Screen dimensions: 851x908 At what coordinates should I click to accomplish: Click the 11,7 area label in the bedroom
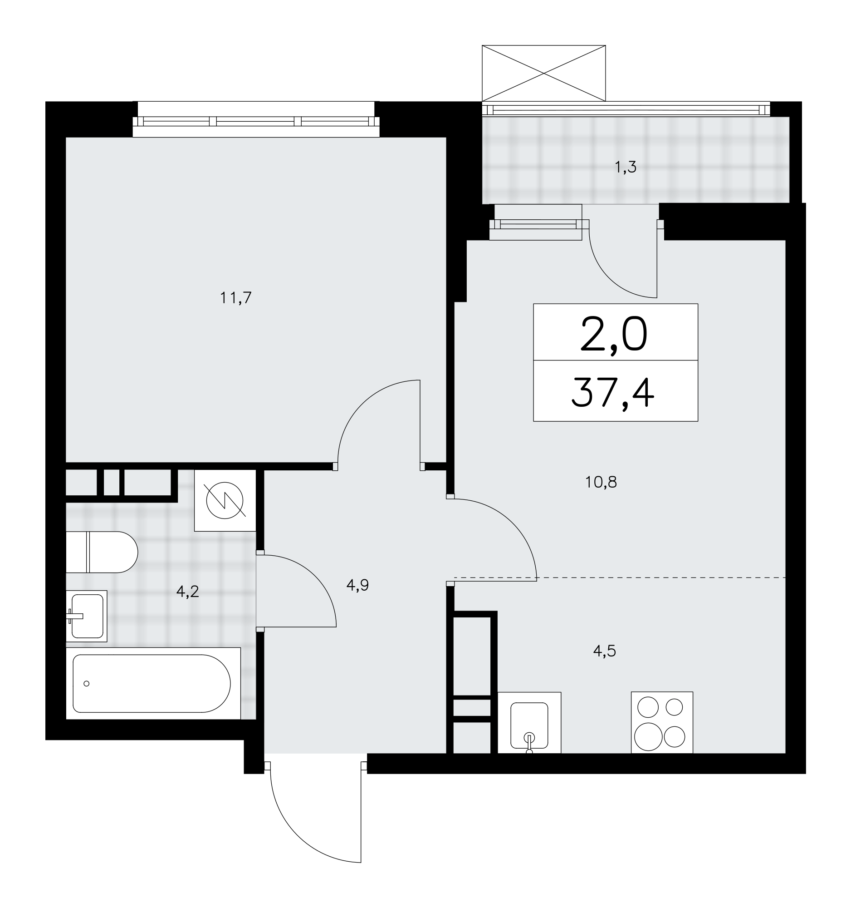(x=236, y=298)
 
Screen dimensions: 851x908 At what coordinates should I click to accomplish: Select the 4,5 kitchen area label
(x=604, y=651)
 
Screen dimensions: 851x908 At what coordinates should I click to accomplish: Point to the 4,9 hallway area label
(x=357, y=585)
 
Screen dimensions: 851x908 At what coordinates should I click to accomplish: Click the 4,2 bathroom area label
(x=187, y=592)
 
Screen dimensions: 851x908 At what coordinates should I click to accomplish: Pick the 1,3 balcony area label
(x=625, y=168)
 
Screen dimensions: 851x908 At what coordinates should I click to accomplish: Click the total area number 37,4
(x=613, y=393)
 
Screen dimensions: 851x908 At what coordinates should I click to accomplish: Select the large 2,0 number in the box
(x=613, y=334)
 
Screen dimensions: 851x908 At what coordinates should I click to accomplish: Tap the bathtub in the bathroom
(x=153, y=683)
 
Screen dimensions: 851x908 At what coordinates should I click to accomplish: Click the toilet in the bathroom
(x=101, y=552)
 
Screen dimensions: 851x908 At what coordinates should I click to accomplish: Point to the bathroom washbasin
(x=87, y=616)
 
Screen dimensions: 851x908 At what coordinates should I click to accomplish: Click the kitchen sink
(x=529, y=723)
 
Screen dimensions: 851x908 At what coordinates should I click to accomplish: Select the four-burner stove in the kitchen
(x=662, y=723)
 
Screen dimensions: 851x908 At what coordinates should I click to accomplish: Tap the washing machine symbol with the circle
(x=225, y=501)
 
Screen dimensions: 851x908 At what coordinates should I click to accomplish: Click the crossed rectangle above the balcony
(x=544, y=73)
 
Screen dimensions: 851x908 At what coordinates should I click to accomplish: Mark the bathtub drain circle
(x=86, y=684)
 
